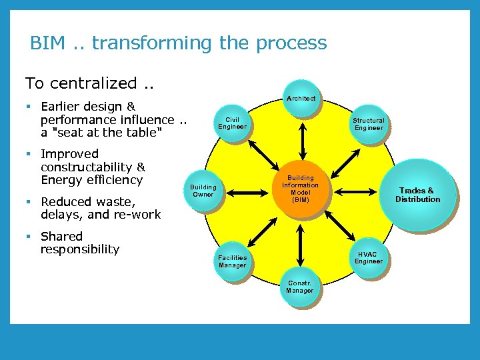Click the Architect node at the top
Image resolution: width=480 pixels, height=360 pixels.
coord(301,99)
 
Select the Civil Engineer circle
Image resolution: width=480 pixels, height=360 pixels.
coord(233,123)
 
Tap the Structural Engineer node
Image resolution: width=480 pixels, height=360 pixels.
coord(369,124)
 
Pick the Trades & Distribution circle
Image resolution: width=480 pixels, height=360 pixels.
coord(419,195)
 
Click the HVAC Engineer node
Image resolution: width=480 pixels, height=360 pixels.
coord(369,257)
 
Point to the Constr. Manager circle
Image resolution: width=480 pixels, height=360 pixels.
coord(300,287)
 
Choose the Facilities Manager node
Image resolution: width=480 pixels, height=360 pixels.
coord(233,261)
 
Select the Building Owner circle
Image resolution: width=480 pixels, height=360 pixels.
coord(203,191)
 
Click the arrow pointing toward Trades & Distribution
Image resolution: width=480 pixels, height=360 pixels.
coord(364,191)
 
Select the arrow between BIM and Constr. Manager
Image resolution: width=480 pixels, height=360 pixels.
coord(302,246)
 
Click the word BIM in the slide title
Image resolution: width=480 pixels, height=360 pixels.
coord(47,43)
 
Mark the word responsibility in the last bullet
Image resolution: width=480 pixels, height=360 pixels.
coord(80,249)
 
